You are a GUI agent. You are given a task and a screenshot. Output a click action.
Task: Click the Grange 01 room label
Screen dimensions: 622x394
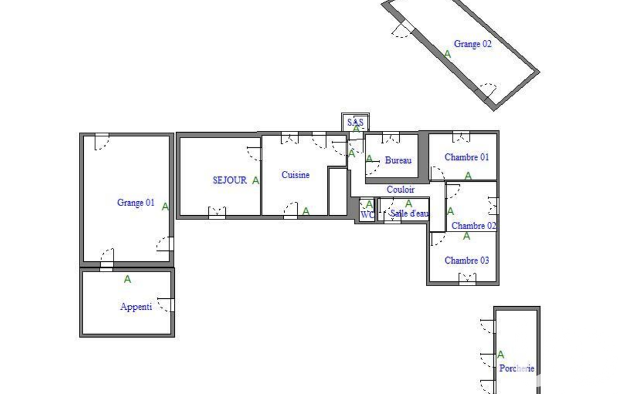click(x=136, y=202)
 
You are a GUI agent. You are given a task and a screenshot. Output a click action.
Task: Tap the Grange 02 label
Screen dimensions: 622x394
click(x=473, y=44)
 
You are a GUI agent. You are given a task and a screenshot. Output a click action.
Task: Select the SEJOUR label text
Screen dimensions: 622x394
click(x=229, y=180)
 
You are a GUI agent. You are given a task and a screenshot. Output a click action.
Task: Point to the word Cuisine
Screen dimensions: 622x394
click(x=296, y=175)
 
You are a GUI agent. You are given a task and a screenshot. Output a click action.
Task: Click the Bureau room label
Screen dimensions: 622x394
click(x=398, y=161)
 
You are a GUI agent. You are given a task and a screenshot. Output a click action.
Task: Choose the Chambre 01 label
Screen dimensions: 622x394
click(x=467, y=158)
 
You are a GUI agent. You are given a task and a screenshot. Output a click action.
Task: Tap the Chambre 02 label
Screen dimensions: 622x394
click(x=474, y=226)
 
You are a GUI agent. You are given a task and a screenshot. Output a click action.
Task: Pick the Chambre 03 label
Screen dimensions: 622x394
click(x=467, y=261)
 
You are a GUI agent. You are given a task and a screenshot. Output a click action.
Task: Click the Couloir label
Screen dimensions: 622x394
click(x=401, y=190)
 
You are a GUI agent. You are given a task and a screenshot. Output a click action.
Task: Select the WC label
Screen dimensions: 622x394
click(x=367, y=215)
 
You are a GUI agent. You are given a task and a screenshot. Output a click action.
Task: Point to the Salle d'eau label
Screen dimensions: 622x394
click(x=410, y=213)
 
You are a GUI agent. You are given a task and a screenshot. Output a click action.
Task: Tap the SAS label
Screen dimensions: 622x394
click(x=355, y=122)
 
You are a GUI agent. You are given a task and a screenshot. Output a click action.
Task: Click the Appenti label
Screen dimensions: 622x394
click(x=136, y=307)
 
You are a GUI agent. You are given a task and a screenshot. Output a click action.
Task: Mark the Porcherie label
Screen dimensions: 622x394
click(x=517, y=368)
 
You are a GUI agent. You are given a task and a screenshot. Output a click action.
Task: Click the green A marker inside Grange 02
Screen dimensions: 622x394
click(x=447, y=55)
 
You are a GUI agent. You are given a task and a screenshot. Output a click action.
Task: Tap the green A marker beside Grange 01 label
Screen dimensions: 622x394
click(x=165, y=207)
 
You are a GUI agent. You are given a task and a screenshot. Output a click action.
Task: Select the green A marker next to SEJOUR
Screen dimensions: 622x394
click(x=256, y=181)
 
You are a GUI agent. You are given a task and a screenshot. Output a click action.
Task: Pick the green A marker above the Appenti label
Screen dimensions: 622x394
click(x=127, y=279)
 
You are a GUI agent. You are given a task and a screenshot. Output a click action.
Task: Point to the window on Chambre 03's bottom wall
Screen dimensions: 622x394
click(x=467, y=279)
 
